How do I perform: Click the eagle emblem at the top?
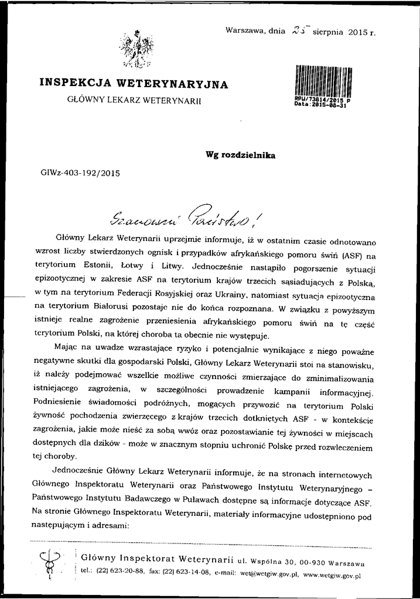(x=134, y=47)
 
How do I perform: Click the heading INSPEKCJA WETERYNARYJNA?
(x=133, y=84)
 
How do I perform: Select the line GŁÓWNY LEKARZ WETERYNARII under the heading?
(x=134, y=100)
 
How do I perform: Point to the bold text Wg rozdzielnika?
(x=240, y=155)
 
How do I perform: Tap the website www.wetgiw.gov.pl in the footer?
(x=332, y=575)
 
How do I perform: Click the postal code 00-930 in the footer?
(x=308, y=563)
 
